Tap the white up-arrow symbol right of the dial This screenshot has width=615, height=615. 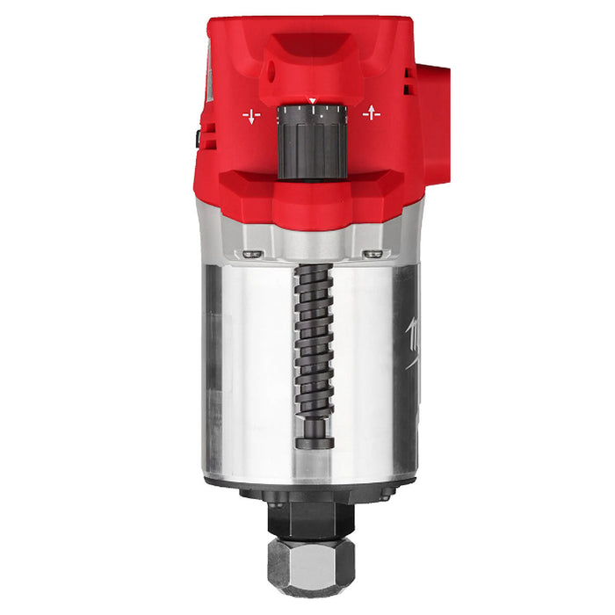tap(372, 113)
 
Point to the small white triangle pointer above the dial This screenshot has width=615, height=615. tap(311, 103)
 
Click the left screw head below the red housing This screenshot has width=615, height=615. tap(253, 255)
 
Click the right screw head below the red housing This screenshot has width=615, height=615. tap(373, 255)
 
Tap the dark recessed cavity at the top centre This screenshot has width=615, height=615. tap(313, 44)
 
